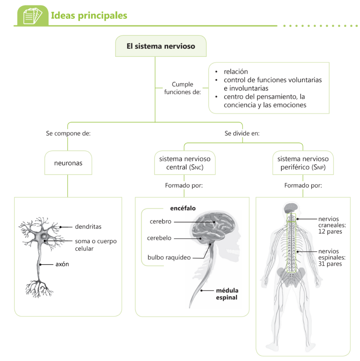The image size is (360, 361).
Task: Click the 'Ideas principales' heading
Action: tap(89, 16)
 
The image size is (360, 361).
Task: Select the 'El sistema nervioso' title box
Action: tap(161, 46)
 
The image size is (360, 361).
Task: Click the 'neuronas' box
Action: tap(68, 163)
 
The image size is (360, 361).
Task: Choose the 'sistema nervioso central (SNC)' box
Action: tap(185, 163)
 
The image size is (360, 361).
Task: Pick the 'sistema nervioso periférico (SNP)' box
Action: tap(303, 163)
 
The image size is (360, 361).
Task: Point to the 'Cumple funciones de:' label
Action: tap(183, 88)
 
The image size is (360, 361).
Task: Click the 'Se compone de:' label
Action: tap(68, 133)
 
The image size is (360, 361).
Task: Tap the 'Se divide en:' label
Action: tap(242, 133)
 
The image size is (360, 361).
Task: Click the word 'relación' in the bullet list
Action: tap(236, 72)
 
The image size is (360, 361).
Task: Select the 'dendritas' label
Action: tap(88, 226)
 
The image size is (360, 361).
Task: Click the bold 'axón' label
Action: tap(62, 264)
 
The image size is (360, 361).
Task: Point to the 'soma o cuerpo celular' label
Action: tap(96, 245)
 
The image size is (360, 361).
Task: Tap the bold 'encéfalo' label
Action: tap(183, 208)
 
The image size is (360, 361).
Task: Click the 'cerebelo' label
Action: tap(159, 238)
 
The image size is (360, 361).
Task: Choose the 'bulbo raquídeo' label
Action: tap(169, 257)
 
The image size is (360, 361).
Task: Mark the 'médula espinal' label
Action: tap(227, 294)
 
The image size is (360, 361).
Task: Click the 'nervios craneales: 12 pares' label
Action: tap(332, 225)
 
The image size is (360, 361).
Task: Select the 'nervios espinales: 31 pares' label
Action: tap(332, 257)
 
